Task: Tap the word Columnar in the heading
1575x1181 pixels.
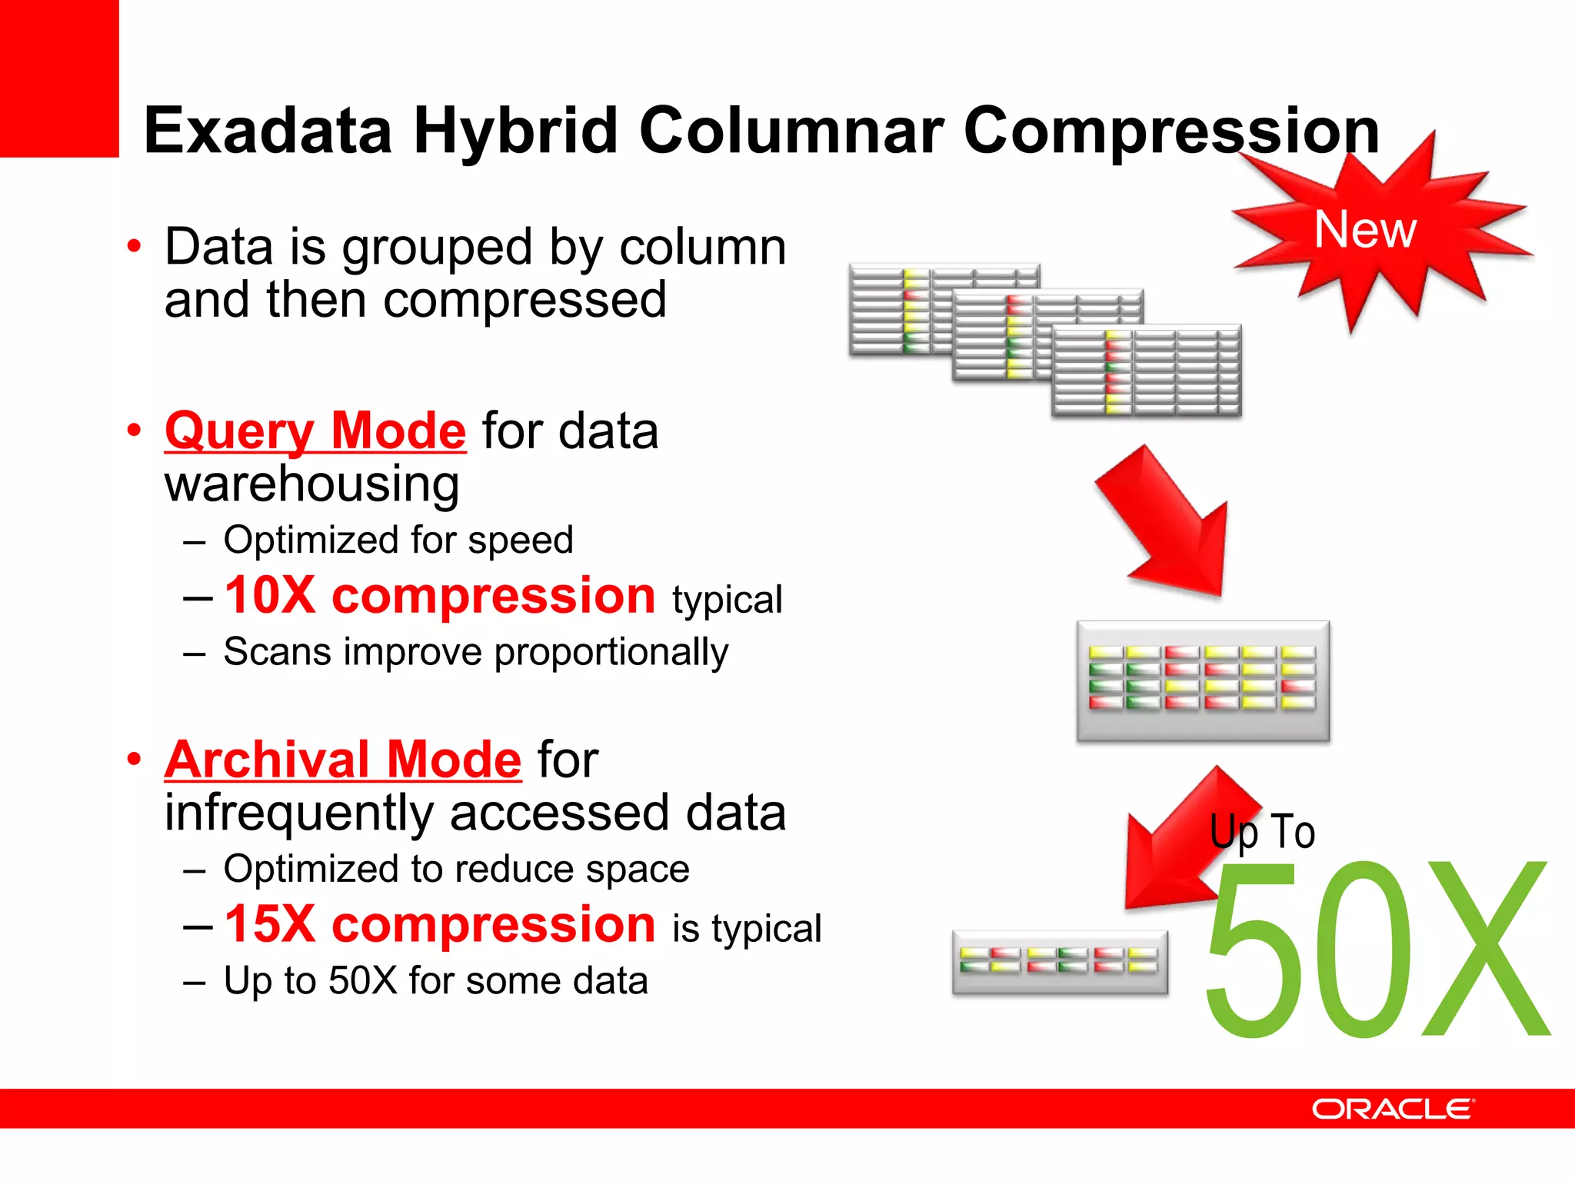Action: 791,131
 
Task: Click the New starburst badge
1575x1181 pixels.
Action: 1366,231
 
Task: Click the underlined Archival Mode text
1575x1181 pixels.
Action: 343,760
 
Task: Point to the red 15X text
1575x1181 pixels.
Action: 270,923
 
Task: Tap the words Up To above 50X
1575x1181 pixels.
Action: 1262,832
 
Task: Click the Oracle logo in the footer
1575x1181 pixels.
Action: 1392,1109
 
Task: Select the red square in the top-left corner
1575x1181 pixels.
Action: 58,77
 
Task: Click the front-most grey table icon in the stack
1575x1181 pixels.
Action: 1146,371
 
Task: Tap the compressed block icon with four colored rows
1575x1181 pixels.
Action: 1203,680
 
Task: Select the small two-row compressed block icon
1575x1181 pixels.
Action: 1060,962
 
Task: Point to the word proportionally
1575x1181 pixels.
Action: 611,652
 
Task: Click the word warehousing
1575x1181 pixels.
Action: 311,484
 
